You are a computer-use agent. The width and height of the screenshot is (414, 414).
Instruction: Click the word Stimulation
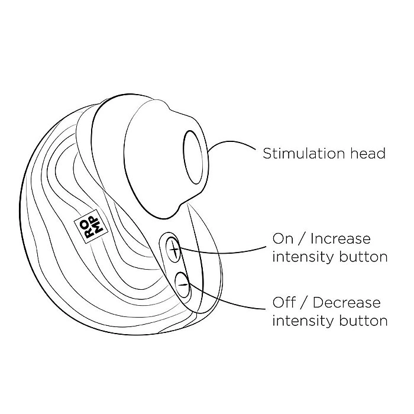[x=304, y=153]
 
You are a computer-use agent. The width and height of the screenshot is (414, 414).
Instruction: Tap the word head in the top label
[x=368, y=153]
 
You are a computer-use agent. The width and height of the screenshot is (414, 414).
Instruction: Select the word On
[x=283, y=239]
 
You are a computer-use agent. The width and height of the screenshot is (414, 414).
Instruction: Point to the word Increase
[x=341, y=239]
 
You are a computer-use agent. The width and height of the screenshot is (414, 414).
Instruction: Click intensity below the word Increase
[x=303, y=257]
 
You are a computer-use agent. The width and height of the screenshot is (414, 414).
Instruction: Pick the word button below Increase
[x=363, y=257]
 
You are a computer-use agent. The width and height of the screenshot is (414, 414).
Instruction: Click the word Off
[x=283, y=303]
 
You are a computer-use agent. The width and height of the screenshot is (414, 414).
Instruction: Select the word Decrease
[x=347, y=303]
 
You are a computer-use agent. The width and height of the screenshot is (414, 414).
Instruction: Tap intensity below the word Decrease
[x=303, y=321]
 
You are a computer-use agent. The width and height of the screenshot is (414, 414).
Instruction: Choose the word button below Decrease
[x=363, y=321]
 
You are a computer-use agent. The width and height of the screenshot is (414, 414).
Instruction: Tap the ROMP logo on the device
[x=91, y=226]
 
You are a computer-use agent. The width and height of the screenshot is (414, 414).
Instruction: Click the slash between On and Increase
[x=302, y=239]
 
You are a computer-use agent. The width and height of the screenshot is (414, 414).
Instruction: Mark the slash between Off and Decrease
[x=304, y=303]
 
